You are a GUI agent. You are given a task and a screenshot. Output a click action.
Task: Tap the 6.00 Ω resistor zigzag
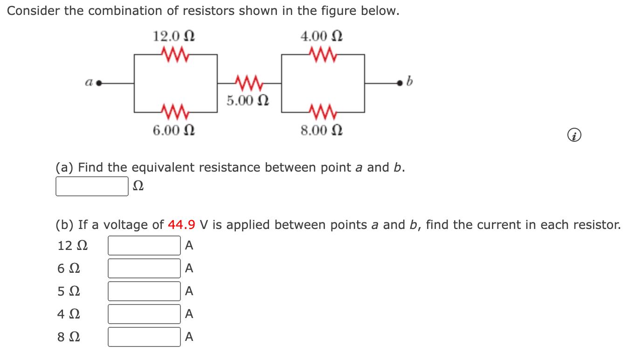(x=174, y=112)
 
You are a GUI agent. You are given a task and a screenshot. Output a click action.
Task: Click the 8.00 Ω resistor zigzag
(x=322, y=112)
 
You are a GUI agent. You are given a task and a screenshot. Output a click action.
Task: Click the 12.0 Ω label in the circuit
(x=174, y=36)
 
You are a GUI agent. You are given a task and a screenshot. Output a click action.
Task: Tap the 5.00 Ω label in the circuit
(x=248, y=100)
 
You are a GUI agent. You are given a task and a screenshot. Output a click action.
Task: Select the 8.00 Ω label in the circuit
(x=322, y=131)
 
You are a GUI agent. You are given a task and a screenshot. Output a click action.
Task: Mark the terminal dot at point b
(x=399, y=83)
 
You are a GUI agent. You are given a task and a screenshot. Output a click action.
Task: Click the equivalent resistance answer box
(x=92, y=186)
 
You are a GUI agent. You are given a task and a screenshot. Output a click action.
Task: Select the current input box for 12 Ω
(x=144, y=245)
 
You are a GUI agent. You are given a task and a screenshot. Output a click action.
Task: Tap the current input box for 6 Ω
(x=144, y=268)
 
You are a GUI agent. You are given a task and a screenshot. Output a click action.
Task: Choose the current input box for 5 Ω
(x=144, y=291)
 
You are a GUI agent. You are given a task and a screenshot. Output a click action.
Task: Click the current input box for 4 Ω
(x=144, y=314)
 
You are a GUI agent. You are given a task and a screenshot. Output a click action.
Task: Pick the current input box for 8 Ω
(x=144, y=337)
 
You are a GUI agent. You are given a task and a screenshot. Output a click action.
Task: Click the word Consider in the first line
(x=34, y=11)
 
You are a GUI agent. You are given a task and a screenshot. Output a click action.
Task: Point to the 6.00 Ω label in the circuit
(x=174, y=131)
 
